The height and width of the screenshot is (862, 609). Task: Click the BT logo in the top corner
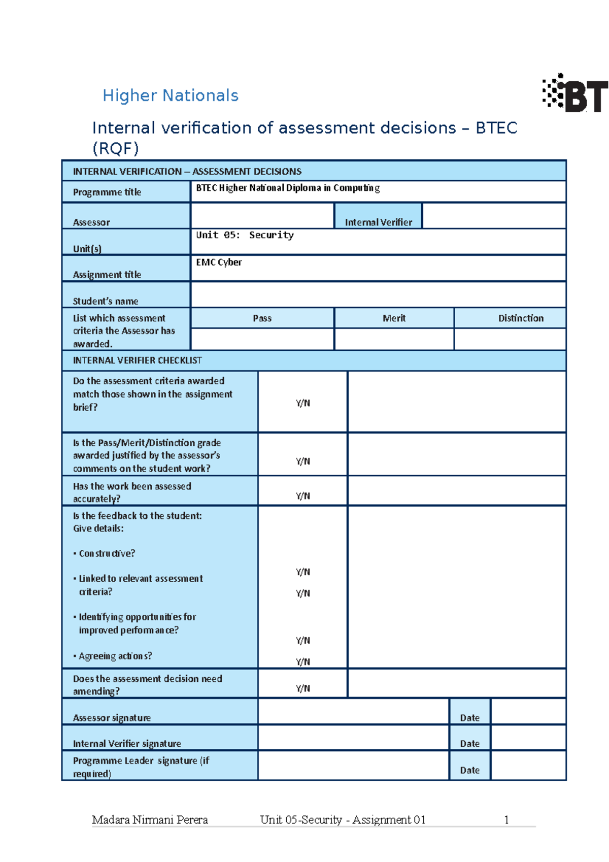coord(576,93)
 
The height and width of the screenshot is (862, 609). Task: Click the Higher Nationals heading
coord(171,95)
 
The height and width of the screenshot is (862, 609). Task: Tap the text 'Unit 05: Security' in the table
coord(245,235)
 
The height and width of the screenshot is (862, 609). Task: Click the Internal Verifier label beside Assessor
coord(378,222)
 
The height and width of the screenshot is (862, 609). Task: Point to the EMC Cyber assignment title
coord(219,262)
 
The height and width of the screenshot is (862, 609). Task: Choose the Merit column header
coord(394,318)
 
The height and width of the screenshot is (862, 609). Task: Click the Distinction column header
coord(521,318)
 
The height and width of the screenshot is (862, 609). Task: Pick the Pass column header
coord(262,318)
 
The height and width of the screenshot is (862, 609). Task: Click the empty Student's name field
coord(378,295)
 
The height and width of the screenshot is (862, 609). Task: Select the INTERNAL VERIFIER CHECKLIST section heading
coord(137,360)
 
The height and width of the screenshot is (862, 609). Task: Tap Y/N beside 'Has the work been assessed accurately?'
coord(303,496)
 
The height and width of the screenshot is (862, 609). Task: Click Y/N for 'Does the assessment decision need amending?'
coord(303,688)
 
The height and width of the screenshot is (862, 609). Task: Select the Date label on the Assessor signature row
coord(469,718)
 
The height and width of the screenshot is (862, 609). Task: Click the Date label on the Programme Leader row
coord(469,770)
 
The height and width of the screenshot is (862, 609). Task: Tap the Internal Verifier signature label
coord(127,744)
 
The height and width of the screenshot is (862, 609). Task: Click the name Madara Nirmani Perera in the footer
coord(150,820)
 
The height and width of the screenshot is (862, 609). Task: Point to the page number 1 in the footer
coord(506,820)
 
